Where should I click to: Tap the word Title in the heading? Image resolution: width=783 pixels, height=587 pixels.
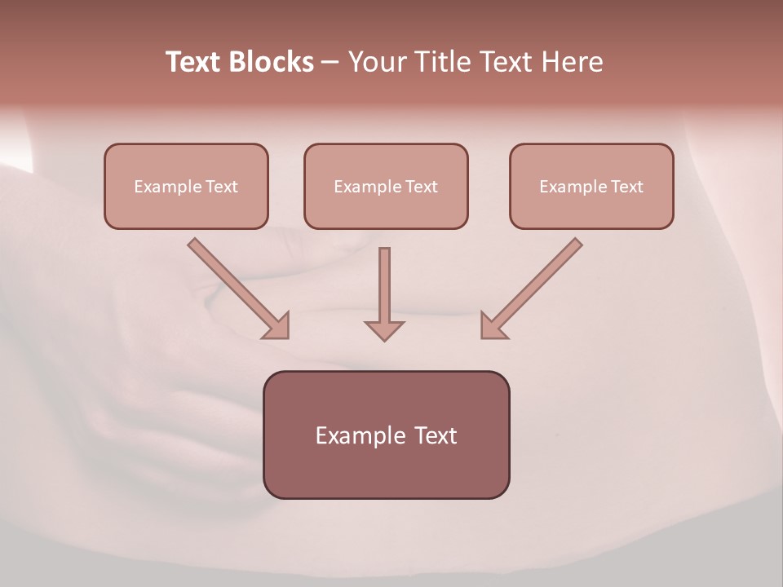coord(445,62)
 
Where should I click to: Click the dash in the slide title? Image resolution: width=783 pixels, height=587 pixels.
coord(330,63)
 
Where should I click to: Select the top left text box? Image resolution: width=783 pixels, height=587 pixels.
coord(186,186)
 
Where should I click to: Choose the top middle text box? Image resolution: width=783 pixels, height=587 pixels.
coord(386,186)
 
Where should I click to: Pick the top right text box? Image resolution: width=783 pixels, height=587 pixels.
coord(591,186)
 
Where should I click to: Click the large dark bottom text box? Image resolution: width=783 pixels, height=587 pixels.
coord(386,435)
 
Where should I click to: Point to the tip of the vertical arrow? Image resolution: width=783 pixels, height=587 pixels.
coord(384,339)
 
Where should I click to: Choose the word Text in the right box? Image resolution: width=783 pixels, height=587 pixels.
coord(627,187)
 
